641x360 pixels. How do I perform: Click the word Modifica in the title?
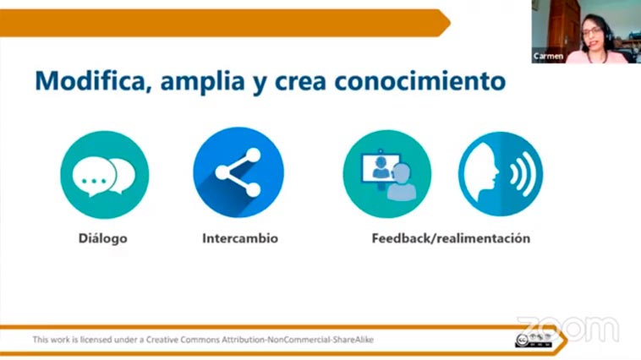click(90, 80)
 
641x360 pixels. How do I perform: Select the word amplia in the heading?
click(202, 82)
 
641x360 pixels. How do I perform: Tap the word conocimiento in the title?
click(419, 80)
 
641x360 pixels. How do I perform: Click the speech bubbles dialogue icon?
click(105, 175)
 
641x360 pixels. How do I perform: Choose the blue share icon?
click(238, 172)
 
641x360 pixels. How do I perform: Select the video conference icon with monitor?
click(387, 174)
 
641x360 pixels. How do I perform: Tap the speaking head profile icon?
click(501, 174)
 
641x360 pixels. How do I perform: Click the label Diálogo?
click(102, 238)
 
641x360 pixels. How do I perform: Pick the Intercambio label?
click(240, 238)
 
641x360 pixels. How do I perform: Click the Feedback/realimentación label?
click(451, 238)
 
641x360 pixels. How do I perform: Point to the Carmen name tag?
click(548, 57)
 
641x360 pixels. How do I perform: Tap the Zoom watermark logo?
click(568, 329)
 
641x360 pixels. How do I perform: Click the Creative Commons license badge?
click(534, 341)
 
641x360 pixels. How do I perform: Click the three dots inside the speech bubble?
click(94, 181)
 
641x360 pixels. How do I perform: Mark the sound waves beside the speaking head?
click(523, 174)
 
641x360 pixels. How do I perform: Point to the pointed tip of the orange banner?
click(450, 23)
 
